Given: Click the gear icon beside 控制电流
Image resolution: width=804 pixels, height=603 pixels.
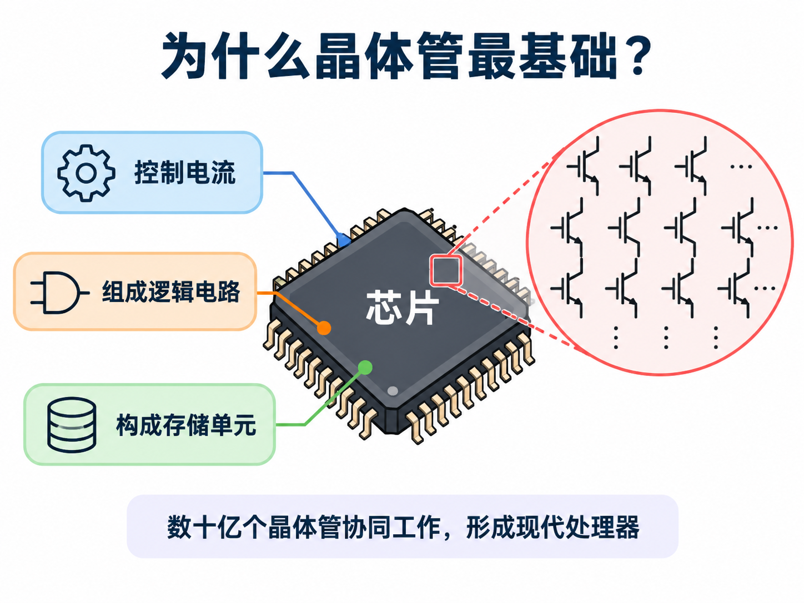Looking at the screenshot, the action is tap(86, 173).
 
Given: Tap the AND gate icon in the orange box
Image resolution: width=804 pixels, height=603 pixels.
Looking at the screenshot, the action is tap(60, 293).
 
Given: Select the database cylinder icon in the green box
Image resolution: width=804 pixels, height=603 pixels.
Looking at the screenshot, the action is tap(72, 425).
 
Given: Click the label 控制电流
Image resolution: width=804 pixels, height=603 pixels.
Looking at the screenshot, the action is tap(184, 173).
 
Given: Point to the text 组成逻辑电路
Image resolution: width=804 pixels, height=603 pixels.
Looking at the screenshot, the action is tap(171, 292).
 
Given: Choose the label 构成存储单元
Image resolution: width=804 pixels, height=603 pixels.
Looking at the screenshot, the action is tap(186, 425).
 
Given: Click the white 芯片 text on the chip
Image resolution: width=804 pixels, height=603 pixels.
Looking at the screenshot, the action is tap(402, 308).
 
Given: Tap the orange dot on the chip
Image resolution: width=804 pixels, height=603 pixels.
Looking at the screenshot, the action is tap(324, 328).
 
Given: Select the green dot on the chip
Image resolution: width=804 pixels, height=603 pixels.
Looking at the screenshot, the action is tap(365, 368).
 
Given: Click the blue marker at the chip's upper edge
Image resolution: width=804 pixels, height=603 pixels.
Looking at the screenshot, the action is tap(344, 240).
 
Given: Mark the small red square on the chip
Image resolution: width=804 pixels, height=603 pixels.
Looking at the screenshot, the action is tap(445, 271).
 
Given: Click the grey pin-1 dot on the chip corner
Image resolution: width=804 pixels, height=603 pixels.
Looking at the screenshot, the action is tap(393, 391).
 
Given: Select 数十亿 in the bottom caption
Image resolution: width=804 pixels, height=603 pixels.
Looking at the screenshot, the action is tap(204, 527).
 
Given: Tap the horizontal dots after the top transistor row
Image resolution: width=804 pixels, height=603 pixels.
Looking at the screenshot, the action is tap(741, 167).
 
